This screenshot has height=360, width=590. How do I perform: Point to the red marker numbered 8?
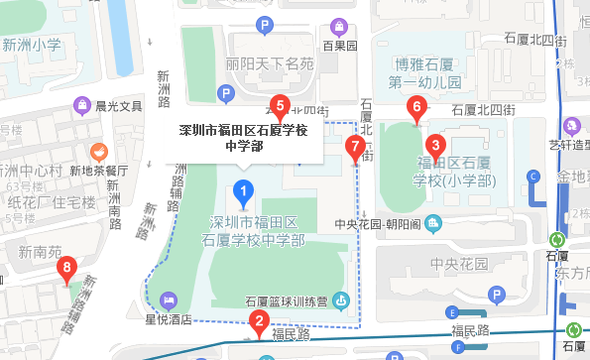click(67, 268)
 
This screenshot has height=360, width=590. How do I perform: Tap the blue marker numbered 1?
click(240, 189)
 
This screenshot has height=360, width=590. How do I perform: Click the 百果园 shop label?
click(338, 45)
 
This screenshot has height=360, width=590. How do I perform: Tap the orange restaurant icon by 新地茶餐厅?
click(98, 153)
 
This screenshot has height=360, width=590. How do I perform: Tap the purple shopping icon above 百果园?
click(339, 25)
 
